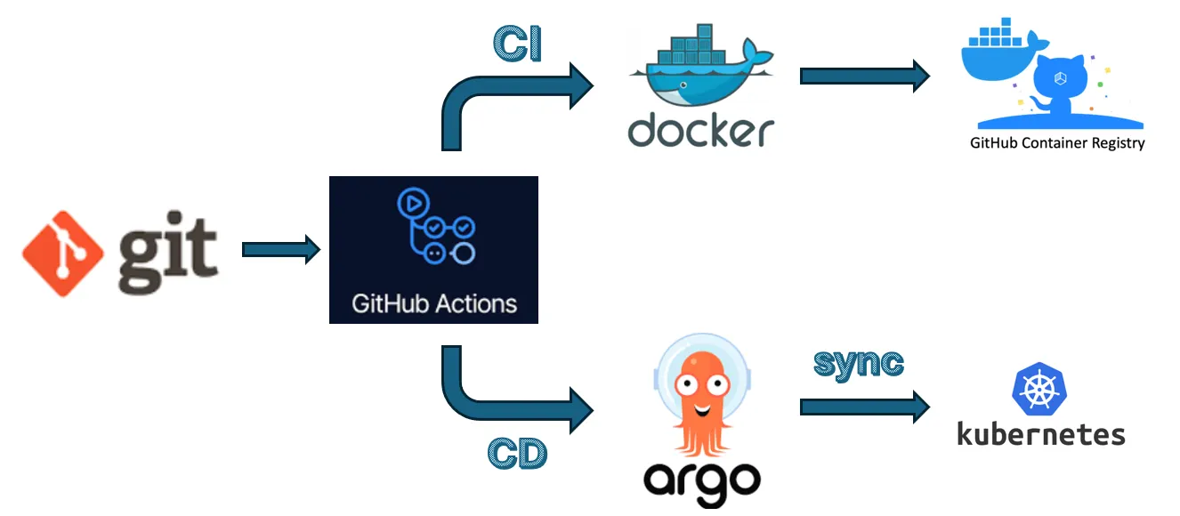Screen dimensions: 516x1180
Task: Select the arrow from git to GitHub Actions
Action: [280, 250]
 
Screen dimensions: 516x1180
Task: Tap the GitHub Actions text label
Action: [433, 303]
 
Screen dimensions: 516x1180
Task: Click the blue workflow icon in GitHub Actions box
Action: [434, 226]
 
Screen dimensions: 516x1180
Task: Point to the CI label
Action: [517, 44]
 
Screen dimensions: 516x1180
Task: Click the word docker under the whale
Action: [701, 131]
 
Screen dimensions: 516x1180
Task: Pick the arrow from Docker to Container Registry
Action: [864, 76]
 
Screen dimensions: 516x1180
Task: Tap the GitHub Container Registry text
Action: [1057, 142]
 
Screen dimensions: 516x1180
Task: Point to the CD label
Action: [517, 454]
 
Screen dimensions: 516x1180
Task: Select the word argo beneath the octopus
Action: [702, 480]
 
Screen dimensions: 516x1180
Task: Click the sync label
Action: [859, 363]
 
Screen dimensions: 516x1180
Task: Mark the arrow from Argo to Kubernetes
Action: [864, 407]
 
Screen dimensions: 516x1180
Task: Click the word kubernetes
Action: [1040, 434]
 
